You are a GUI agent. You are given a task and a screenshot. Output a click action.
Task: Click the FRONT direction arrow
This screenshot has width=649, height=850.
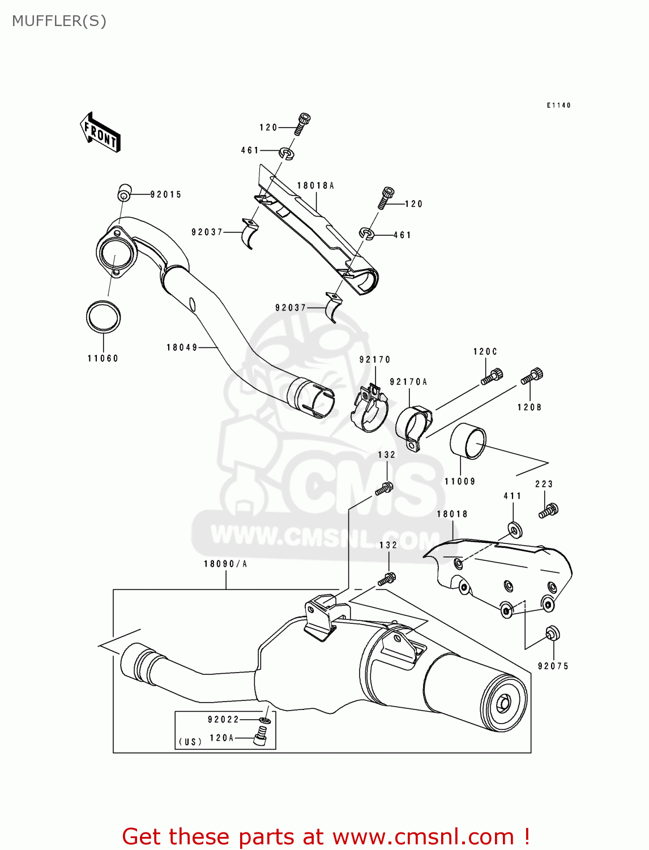100,132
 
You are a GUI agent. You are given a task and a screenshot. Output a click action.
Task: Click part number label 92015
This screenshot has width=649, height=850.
166,194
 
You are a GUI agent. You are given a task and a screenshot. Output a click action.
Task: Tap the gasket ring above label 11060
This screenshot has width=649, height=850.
103,317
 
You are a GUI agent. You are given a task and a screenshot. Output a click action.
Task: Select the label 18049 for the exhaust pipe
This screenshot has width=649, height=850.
182,347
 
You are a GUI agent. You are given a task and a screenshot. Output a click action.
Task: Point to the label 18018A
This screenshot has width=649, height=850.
315,186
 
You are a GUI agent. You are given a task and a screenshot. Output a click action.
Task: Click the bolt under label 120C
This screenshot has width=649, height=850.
492,376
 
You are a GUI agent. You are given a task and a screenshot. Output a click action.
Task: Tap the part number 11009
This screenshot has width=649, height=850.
460,482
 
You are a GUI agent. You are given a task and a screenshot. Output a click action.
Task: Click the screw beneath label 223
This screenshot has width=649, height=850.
548,511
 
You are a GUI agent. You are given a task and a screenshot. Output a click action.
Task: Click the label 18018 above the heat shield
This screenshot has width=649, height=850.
452,515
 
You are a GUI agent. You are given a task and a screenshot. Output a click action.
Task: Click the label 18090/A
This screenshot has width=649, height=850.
225,564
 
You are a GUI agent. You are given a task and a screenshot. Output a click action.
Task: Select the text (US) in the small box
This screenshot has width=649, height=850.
190,742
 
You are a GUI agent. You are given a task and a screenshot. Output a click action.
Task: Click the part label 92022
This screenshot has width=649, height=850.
224,720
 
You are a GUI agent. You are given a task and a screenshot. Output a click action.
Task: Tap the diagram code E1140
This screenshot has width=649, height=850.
558,105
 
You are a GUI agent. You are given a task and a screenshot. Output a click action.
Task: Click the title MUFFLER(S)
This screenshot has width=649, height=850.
59,22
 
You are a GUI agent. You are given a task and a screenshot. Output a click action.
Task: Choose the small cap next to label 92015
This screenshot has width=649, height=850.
124,193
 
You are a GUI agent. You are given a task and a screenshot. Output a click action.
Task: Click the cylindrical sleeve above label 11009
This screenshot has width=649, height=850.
468,440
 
